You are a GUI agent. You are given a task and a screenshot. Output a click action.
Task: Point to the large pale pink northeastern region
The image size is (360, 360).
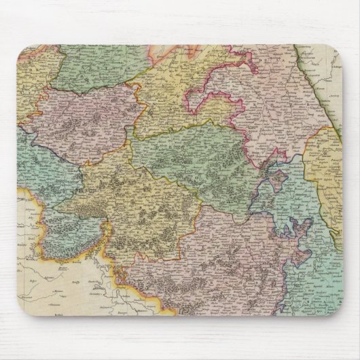[272, 102]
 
